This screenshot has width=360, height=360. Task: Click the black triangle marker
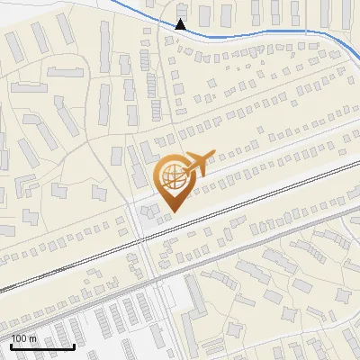coord(181,24)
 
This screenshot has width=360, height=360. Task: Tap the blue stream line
coord(270,30)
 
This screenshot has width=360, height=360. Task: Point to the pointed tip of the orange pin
coord(173,212)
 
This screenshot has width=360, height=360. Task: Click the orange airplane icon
coord(196,163)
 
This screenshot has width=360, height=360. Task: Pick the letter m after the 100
coord(32,338)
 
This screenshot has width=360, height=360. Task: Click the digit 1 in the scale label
coord(13,337)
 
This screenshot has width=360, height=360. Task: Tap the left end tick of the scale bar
coord(10,345)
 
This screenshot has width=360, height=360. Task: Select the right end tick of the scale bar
coord(74,345)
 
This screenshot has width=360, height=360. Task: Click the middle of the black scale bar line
coord(41,346)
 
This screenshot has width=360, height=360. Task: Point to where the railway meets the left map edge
coord(1,291)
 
